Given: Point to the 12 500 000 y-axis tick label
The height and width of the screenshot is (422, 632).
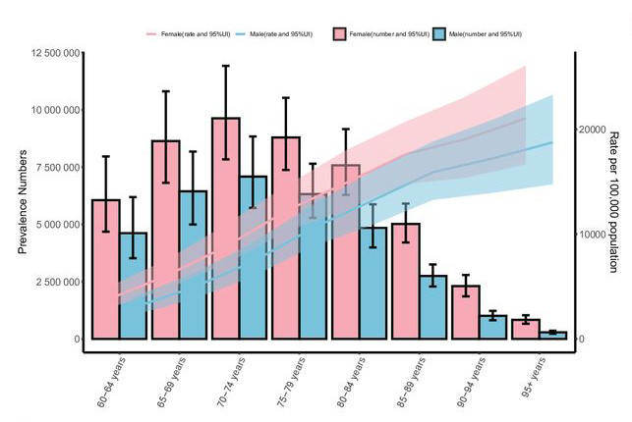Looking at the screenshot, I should pyautogui.click(x=48, y=52).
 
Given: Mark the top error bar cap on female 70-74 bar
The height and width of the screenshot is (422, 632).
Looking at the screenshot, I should pyautogui.click(x=225, y=66).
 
